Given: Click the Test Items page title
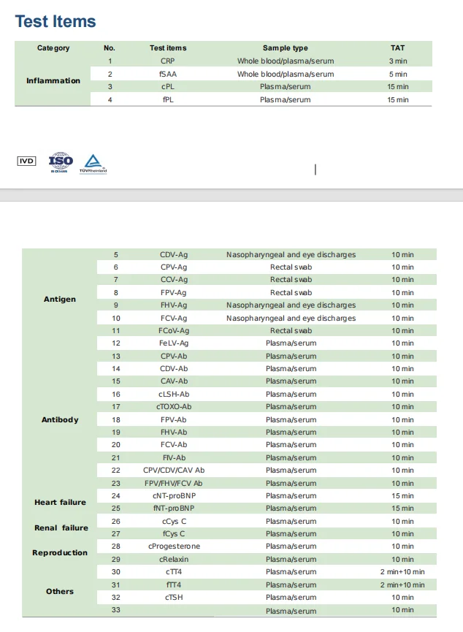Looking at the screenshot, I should [x=56, y=22].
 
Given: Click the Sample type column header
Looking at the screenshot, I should [x=285, y=48].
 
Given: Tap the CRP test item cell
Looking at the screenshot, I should [x=168, y=61].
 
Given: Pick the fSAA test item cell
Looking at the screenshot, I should [x=168, y=74].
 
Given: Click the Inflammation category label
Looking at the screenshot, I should [x=53, y=80].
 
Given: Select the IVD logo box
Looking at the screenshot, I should [x=26, y=161].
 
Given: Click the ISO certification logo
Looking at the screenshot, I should [x=61, y=161].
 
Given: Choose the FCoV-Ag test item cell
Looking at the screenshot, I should [x=174, y=330].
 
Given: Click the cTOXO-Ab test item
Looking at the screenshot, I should [x=174, y=406].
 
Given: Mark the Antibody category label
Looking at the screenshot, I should [x=60, y=420].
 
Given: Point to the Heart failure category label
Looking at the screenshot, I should [x=60, y=503].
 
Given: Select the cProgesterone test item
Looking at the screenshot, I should [x=174, y=547].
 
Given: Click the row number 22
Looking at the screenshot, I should [x=115, y=471].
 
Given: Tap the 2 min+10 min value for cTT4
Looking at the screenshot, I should [x=402, y=572].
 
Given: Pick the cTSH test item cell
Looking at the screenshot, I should [x=174, y=597].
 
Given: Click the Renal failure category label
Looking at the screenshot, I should [x=61, y=528].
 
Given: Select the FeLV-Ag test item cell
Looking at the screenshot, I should [x=174, y=343].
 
